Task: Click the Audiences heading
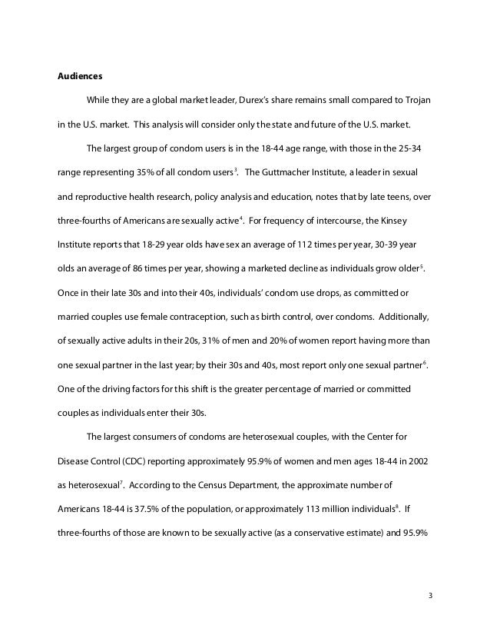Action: point(81,77)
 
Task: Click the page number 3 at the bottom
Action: point(431,594)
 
